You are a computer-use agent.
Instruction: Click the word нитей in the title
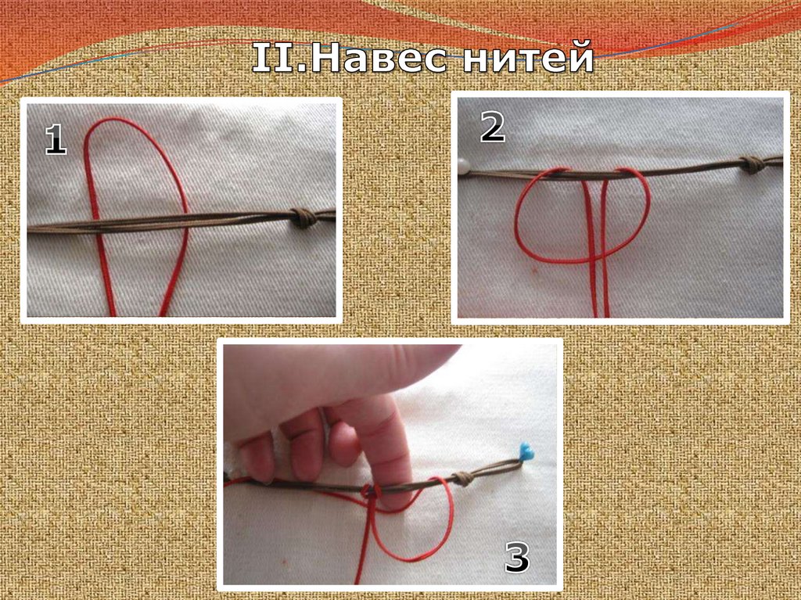(528, 57)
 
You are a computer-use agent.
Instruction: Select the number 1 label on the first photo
(56, 139)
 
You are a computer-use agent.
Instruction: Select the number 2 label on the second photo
(493, 127)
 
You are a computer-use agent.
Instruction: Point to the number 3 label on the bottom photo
(517, 556)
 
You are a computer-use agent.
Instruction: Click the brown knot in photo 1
(304, 217)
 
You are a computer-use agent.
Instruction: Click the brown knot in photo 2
(753, 164)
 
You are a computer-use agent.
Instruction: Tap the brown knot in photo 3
(464, 479)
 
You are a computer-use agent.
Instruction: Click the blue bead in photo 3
(526, 452)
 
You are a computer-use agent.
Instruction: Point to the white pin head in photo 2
(464, 166)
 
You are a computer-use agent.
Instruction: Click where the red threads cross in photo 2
(595, 259)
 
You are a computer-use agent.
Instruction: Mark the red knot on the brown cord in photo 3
(372, 491)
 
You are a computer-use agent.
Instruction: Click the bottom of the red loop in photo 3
(408, 559)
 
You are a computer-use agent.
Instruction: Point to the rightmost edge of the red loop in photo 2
(650, 204)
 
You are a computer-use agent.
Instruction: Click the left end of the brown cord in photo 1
(29, 228)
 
